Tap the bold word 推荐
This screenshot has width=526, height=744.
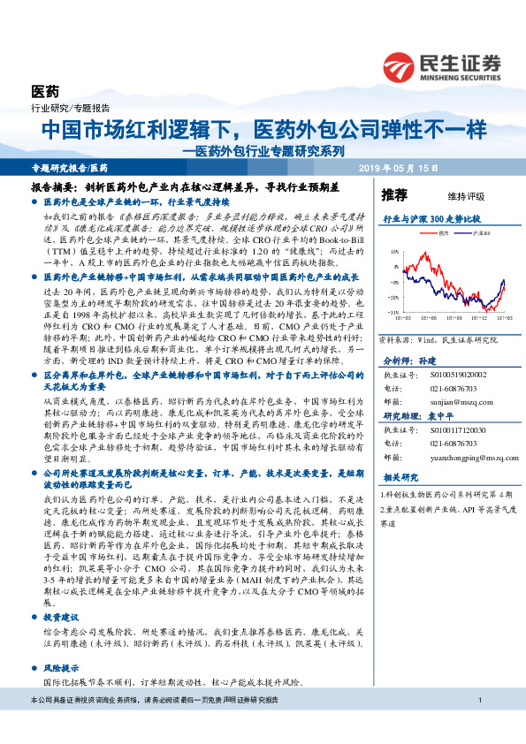click(394, 194)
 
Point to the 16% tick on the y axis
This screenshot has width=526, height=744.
click(393, 252)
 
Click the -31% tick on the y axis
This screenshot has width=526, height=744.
click(393, 312)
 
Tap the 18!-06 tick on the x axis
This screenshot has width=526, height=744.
click(435, 317)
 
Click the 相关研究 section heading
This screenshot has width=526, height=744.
click(398, 478)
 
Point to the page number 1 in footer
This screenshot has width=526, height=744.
click(478, 725)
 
